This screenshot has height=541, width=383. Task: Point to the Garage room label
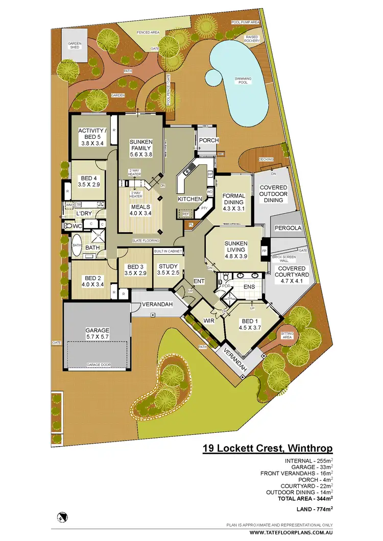(x=97, y=334)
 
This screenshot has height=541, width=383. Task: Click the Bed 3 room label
(x=135, y=269)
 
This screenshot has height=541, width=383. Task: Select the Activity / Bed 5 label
(x=92, y=137)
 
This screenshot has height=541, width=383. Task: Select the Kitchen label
(x=189, y=199)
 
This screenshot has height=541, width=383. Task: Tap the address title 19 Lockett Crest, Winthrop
(x=268, y=449)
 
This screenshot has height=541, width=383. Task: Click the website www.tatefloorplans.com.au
(x=291, y=533)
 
